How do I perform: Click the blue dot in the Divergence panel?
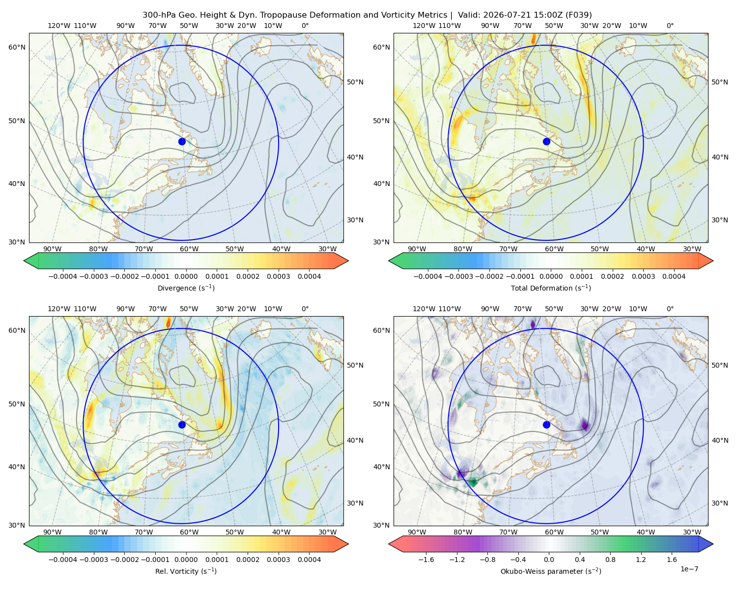(182, 141)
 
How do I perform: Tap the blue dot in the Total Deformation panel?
(546, 141)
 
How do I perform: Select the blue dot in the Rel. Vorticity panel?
(182, 425)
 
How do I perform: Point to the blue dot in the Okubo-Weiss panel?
(546, 425)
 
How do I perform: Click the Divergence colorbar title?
(186, 288)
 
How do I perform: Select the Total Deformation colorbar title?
(551, 288)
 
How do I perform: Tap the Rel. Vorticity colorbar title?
(186, 571)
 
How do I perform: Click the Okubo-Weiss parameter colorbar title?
(551, 571)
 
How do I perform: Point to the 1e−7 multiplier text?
(689, 569)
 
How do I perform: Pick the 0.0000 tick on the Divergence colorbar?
(186, 276)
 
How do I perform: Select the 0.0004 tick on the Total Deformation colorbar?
(674, 276)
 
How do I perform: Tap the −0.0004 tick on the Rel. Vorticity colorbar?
(63, 559)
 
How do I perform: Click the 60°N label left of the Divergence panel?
(17, 47)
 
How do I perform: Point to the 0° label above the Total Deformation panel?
(670, 26)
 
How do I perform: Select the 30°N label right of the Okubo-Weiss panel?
(719, 503)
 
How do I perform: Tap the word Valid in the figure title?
(466, 15)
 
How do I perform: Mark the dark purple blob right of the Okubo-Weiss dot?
(585, 425)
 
